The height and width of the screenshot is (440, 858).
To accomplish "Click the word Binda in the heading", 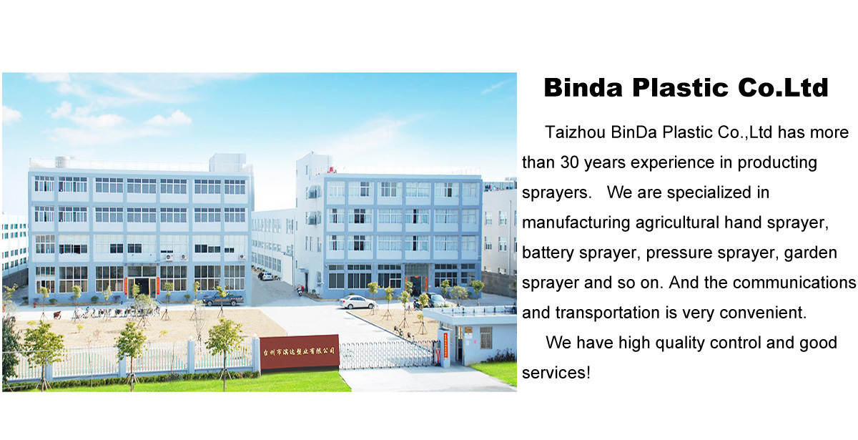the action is point(583,88).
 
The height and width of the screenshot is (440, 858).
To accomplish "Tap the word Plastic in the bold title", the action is point(680,88).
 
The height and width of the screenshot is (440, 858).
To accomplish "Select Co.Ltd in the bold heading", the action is point(784,88).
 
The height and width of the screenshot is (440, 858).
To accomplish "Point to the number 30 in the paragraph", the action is point(570,162).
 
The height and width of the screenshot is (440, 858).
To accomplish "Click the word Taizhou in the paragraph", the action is point(576,132).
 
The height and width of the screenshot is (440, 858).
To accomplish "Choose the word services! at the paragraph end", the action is point(556,373).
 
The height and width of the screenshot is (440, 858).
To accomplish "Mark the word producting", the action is point(777,163).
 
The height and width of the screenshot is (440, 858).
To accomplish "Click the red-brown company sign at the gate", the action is point(299,351).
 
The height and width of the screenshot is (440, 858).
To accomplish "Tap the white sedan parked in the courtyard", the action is point(357,302).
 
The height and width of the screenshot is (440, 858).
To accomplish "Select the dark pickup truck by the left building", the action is point(222,299).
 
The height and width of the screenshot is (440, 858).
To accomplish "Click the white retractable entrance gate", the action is point(387,355).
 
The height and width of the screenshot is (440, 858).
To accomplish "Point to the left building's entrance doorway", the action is point(142,286).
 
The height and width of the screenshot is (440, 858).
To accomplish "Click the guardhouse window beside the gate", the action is point(485,338).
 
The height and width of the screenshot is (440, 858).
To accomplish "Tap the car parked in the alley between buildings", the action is point(265,275).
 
